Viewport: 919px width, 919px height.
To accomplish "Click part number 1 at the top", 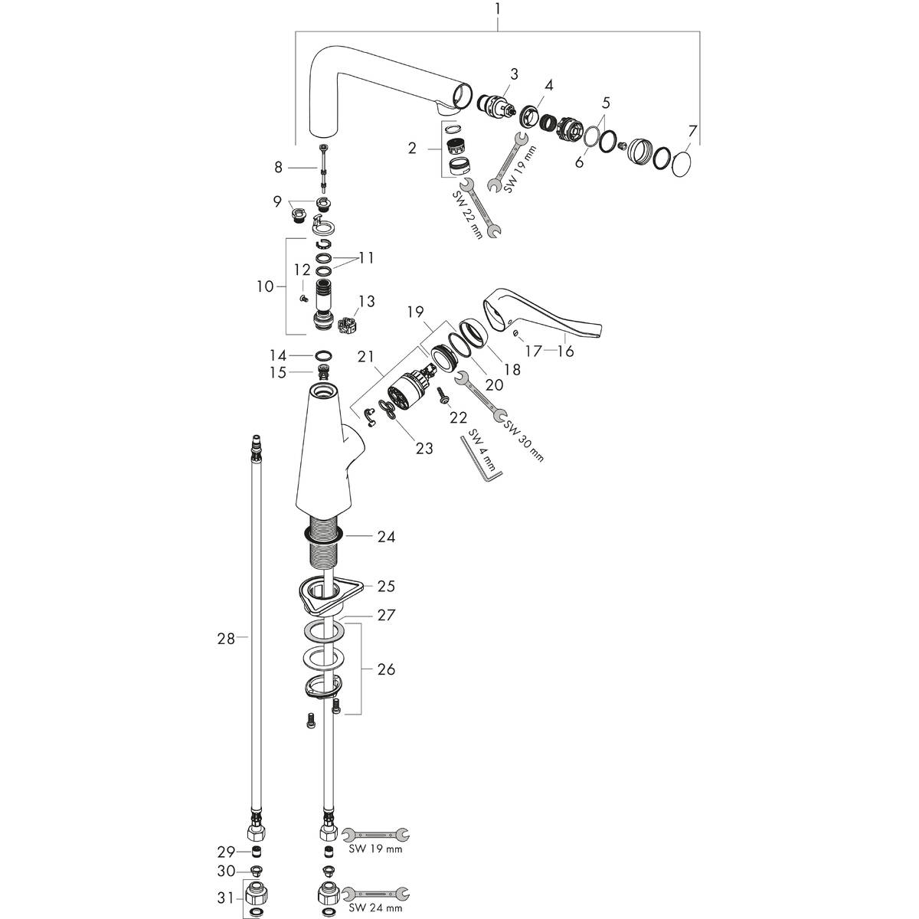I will pos(497,9).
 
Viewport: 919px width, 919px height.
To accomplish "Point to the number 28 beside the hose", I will pos(225,637).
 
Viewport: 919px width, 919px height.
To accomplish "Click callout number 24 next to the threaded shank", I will pos(385,537).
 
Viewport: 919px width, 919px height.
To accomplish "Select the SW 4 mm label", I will pos(479,451).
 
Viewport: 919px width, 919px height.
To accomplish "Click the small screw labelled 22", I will pos(443,396).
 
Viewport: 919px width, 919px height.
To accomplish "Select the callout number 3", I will pos(514,74).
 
